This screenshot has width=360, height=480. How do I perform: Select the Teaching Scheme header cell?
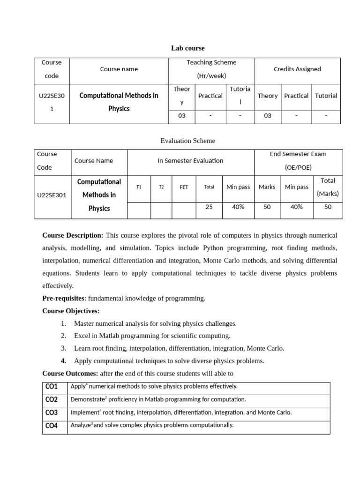coord(211,69)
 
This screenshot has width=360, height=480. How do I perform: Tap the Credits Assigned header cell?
coord(297,69)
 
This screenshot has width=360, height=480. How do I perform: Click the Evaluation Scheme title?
coord(187,140)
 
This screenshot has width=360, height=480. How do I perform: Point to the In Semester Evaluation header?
coord(190,161)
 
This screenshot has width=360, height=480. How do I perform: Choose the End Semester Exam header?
coord(298,161)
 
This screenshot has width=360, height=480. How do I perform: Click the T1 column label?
coord(139,187)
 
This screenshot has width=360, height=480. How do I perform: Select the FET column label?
coord(184,187)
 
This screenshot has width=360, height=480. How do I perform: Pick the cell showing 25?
coord(209,207)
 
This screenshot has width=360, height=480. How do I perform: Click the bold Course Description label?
coord(73,235)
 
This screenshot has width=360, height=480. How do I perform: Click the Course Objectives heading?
coord(71,311)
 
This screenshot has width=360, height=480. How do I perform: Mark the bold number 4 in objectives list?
coord(63,361)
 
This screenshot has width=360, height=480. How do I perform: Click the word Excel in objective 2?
coord(82,336)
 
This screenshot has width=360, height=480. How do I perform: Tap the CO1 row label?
coord(52,387)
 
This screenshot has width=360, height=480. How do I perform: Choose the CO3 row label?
coord(52,413)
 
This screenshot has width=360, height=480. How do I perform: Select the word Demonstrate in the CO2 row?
coord(87,399)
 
